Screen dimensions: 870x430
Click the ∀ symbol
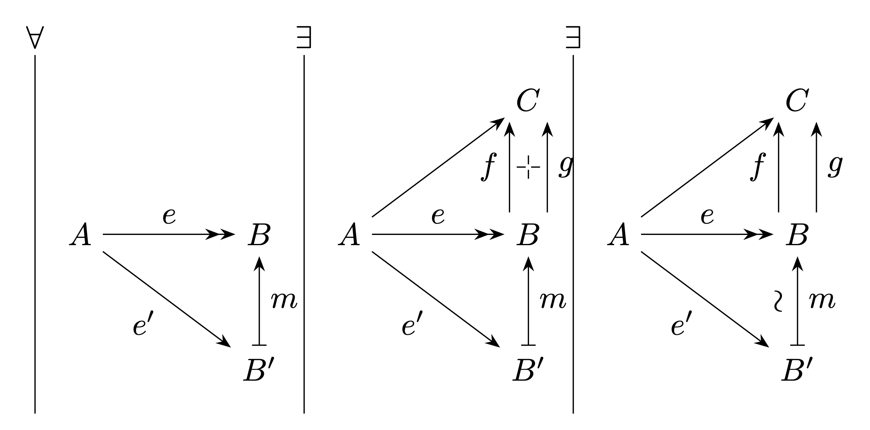tap(35, 37)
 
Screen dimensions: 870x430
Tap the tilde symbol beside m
tap(778, 301)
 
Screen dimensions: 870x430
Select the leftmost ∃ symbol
tap(304, 37)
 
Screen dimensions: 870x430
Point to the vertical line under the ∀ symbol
tap(35, 234)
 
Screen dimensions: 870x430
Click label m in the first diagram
tap(284, 301)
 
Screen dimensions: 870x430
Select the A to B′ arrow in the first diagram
tap(167, 299)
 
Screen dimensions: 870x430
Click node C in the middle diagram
tap(528, 101)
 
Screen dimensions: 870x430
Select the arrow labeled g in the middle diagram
tap(547, 167)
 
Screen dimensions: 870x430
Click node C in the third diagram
tap(797, 101)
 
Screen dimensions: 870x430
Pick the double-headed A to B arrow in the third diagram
tap(707, 235)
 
